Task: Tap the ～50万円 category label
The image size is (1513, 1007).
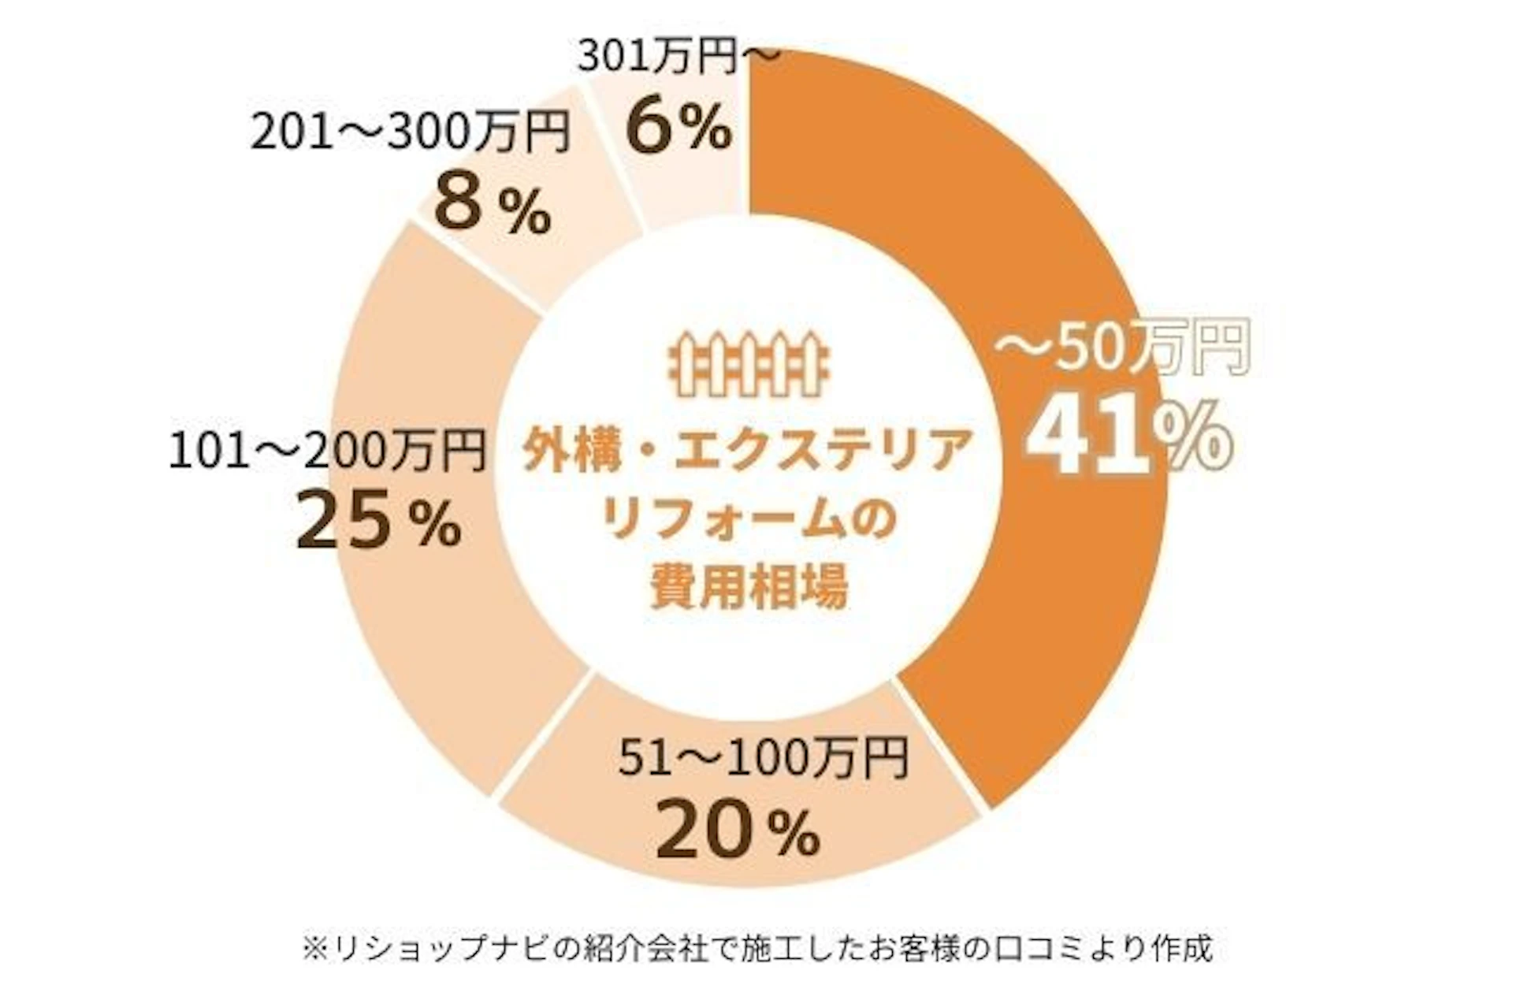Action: click(1121, 347)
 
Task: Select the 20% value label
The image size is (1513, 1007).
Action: click(738, 829)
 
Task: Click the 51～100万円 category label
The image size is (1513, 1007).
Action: click(763, 757)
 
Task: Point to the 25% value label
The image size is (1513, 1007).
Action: click(378, 519)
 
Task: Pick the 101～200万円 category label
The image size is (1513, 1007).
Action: click(327, 451)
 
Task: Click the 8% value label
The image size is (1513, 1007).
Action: click(492, 206)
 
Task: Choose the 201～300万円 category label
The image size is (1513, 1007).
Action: click(410, 132)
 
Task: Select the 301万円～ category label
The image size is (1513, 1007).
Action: click(678, 58)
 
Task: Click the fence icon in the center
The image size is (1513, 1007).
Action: click(749, 363)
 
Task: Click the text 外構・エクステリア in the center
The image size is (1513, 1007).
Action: click(747, 451)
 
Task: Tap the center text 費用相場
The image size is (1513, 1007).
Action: click(749, 587)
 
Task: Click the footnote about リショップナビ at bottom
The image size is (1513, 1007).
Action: click(756, 948)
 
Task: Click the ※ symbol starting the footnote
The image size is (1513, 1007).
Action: click(314, 949)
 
